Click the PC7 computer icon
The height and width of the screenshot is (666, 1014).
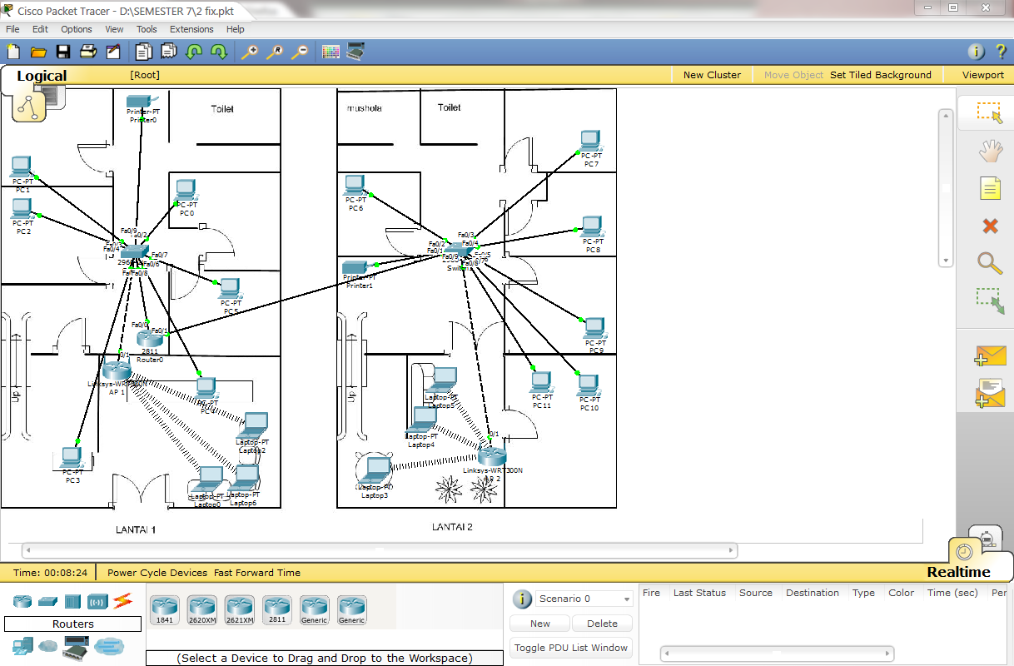coord(590,141)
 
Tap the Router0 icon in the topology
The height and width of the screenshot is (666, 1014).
coord(151,337)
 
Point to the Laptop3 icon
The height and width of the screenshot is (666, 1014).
coord(375,471)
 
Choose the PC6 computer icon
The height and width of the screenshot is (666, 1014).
coord(355,185)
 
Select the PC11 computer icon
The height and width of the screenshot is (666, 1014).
coord(541,382)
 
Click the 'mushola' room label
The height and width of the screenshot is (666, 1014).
coord(364,108)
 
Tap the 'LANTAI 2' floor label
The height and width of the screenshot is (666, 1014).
coord(452,527)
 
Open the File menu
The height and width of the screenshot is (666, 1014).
coord(12,29)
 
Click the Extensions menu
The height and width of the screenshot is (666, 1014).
coord(191,29)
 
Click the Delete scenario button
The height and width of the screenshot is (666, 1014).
coord(602,624)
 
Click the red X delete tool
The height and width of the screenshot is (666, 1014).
coord(990,226)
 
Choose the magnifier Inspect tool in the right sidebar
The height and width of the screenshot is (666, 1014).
coord(990,263)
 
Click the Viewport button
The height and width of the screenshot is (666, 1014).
coord(983,75)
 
